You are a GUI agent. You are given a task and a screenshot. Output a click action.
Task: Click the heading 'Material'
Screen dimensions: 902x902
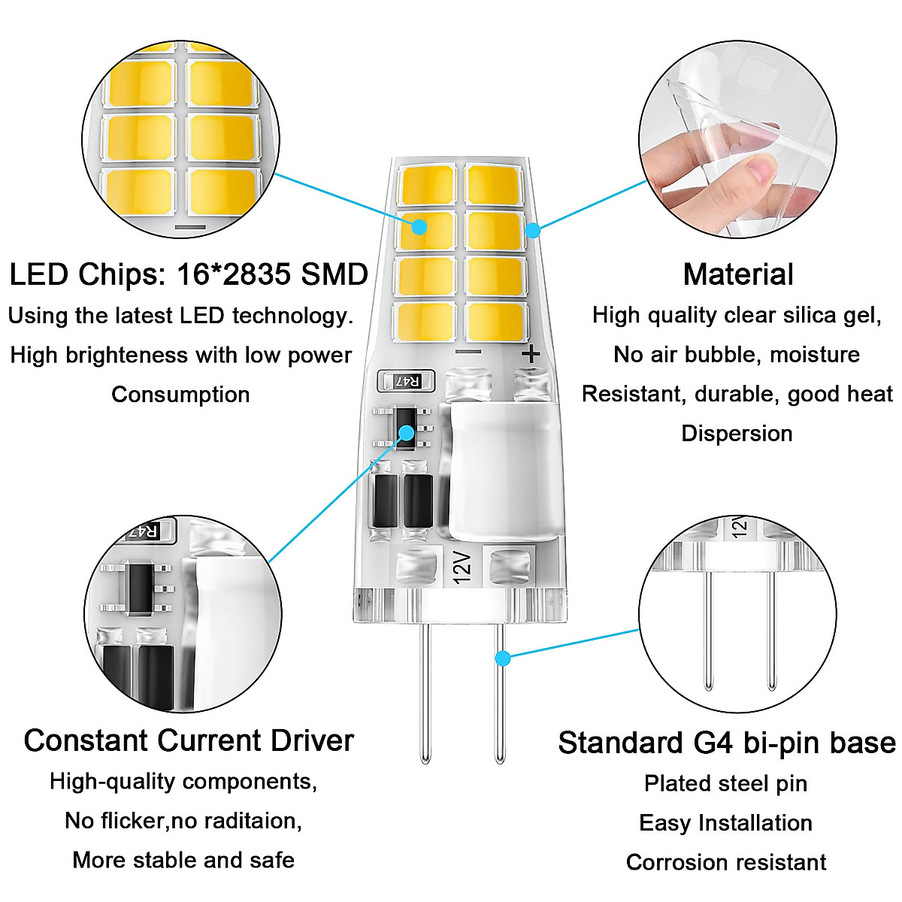(738, 274)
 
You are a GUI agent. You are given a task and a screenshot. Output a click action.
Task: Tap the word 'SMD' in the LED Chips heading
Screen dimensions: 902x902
(334, 274)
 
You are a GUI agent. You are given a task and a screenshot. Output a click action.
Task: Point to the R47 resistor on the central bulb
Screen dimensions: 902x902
(407, 382)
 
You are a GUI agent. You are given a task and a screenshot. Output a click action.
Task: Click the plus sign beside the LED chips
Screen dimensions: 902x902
(531, 353)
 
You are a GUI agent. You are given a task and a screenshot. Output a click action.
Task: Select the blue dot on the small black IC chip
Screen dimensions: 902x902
(407, 433)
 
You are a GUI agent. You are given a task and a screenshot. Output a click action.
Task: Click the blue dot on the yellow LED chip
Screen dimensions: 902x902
(419, 225)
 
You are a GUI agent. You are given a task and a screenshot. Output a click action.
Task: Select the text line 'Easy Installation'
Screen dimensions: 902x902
(725, 822)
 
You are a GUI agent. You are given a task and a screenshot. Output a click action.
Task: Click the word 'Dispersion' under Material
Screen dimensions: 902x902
(737, 433)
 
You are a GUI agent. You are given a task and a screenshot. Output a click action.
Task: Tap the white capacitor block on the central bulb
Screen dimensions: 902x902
(504, 470)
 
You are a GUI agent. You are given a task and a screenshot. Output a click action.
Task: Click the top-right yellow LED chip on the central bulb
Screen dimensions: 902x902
(494, 184)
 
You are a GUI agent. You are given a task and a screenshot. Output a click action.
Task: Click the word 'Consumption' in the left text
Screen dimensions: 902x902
(180, 394)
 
